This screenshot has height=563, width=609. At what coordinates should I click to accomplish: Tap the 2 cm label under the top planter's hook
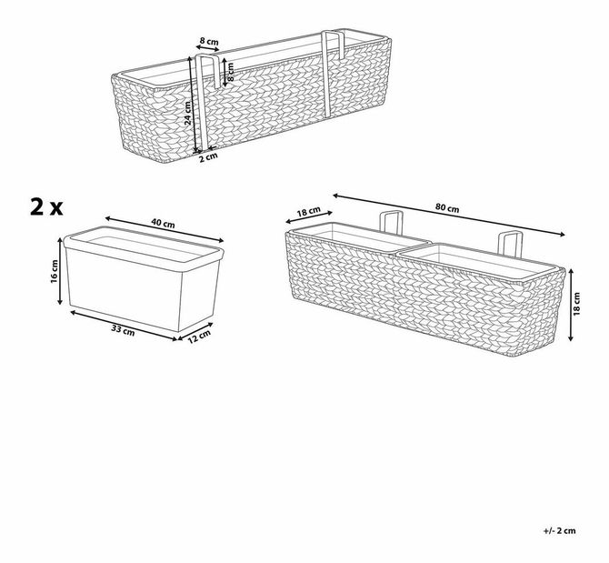coord(208,156)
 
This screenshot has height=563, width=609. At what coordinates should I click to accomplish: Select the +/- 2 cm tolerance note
coord(561,530)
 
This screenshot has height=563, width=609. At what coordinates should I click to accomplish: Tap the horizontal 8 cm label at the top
coord(208,42)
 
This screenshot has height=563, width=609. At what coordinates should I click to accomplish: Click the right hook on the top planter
coord(328,73)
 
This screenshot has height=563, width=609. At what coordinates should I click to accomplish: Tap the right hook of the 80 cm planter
coord(506,245)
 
